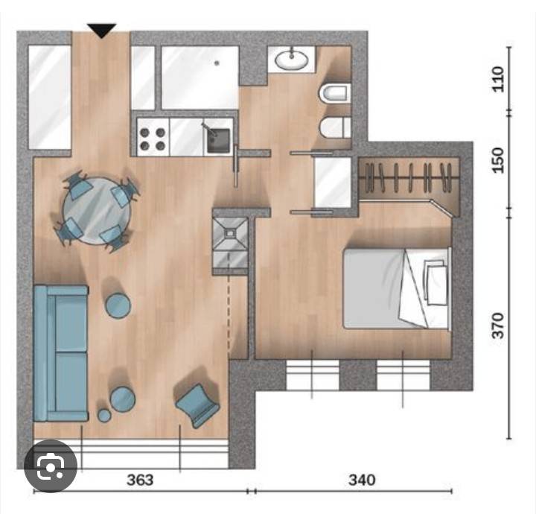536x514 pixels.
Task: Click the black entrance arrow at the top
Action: (101, 30)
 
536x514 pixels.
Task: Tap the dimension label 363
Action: (140, 480)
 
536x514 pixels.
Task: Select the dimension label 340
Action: (362, 480)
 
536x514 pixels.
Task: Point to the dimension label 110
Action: (498, 79)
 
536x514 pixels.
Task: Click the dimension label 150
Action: (498, 160)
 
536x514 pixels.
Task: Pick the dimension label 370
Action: (498, 326)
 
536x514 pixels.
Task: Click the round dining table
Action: (97, 211)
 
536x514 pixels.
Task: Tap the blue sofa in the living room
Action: (60, 353)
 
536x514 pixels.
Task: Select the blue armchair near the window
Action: (197, 405)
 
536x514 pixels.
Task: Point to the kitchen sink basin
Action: (218, 140)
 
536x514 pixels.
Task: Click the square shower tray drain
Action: (230, 233)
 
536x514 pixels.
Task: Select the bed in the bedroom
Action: (397, 288)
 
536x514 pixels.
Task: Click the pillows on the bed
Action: (435, 282)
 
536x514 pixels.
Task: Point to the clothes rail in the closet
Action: (409, 177)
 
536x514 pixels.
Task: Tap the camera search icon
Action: (51, 466)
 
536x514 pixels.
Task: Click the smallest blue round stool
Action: (104, 415)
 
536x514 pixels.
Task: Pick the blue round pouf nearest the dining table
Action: (118, 305)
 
